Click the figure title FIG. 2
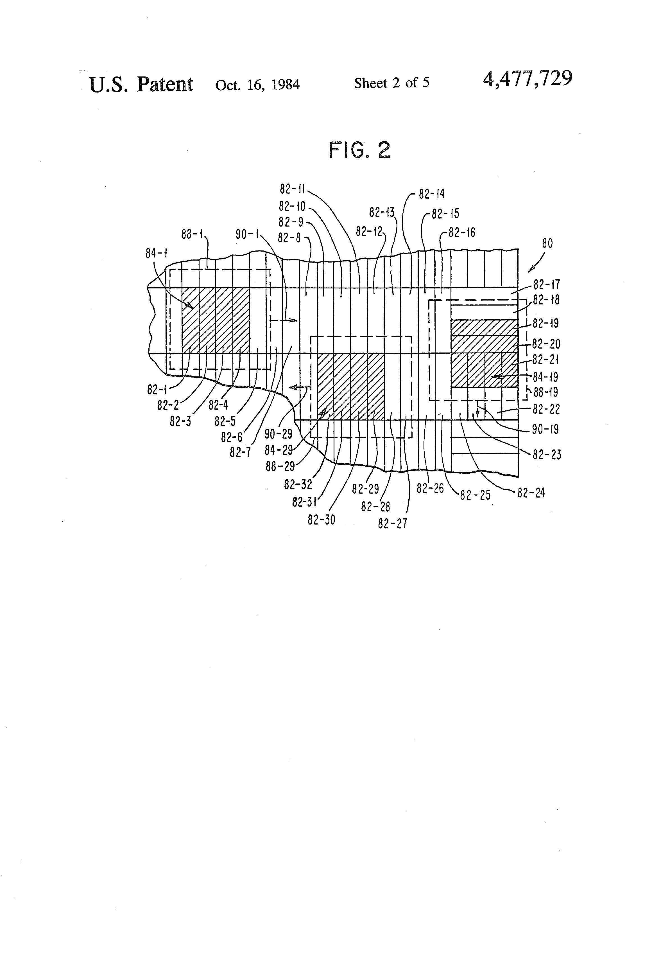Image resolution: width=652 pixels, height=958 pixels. [x=359, y=150]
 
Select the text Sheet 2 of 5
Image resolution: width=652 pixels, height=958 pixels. [x=391, y=83]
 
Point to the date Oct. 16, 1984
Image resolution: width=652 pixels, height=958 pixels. [x=257, y=85]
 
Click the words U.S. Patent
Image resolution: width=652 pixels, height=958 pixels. [x=141, y=85]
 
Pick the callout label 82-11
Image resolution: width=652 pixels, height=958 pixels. [x=292, y=189]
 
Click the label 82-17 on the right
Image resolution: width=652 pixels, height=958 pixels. [x=547, y=284]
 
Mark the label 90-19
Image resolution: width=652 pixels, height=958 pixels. [x=545, y=430]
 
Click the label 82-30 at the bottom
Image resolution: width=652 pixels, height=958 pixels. [x=321, y=520]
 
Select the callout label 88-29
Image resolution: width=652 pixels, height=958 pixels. [x=280, y=466]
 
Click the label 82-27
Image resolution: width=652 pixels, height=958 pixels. [x=392, y=523]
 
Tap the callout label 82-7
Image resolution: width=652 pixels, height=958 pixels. [x=240, y=452]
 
